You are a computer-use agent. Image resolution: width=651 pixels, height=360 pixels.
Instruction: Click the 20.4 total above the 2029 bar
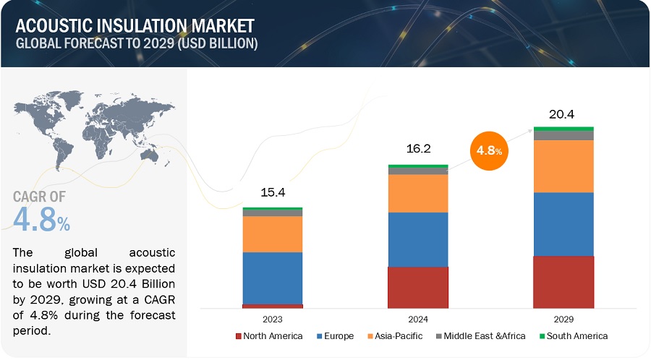tap(563, 113)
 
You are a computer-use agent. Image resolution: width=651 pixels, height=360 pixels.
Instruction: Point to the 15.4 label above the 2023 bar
tap(272, 193)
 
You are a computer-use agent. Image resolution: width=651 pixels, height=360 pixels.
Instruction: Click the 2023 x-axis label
tap(272, 318)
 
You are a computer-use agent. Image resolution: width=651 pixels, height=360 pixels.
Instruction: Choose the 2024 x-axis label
tap(417, 318)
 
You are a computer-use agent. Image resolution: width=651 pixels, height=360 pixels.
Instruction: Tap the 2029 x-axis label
tap(563, 318)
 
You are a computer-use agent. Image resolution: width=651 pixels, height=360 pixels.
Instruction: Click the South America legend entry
tap(571, 336)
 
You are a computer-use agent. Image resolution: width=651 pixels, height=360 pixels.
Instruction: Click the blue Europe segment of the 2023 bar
tap(272, 278)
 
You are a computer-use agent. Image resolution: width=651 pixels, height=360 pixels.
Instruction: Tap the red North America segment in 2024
tap(417, 288)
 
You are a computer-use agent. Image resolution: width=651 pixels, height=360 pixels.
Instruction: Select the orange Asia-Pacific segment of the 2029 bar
tap(563, 166)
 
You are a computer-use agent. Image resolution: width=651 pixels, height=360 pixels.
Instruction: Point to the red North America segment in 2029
tap(563, 282)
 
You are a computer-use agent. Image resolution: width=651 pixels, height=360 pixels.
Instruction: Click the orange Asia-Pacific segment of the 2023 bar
tap(272, 233)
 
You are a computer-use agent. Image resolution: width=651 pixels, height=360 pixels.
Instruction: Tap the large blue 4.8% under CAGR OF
tap(42, 220)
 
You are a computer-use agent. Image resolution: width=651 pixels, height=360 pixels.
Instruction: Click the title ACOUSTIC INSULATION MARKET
tap(133, 26)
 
